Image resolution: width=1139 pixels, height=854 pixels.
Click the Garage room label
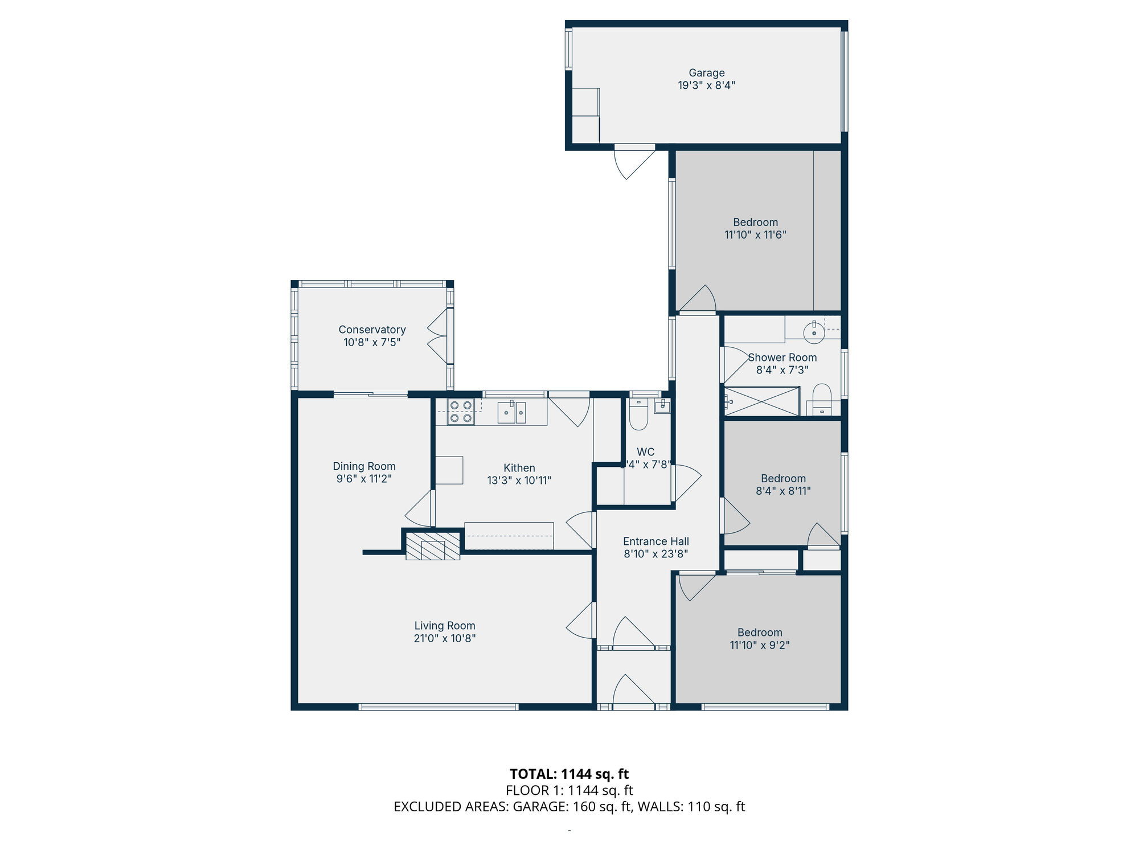tap(706, 73)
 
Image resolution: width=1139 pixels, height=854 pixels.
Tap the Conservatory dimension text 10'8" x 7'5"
tap(372, 342)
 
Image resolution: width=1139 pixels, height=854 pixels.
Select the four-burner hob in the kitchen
tap(461, 412)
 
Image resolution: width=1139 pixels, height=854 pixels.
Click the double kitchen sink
tap(511, 412)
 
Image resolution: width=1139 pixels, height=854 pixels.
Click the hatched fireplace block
tap(433, 547)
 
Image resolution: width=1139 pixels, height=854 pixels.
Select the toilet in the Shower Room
tap(822, 399)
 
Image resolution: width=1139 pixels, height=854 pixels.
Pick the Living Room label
tap(444, 626)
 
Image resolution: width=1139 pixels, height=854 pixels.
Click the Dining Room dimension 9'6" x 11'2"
tap(364, 479)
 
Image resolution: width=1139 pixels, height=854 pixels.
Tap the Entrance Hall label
tap(655, 541)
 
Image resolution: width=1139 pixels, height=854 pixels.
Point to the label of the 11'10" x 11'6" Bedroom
tap(755, 222)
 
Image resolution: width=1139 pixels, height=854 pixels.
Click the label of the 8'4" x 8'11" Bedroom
tap(783, 478)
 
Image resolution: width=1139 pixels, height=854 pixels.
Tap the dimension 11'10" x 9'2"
tap(759, 645)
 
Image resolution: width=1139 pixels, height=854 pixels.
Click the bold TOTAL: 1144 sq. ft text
tap(569, 774)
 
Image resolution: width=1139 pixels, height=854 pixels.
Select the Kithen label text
tap(519, 468)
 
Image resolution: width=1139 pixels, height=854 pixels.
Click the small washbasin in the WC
tap(662, 406)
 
